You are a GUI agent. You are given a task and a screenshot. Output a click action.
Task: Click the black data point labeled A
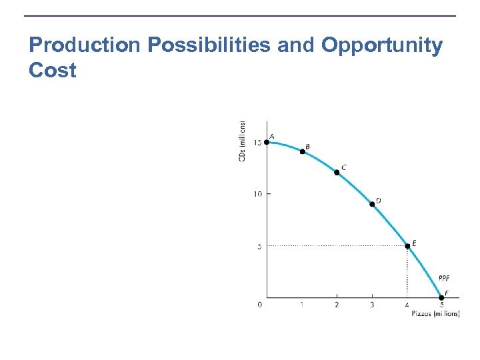coord(267,141)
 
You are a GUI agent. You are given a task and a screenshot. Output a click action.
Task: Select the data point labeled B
coord(302,151)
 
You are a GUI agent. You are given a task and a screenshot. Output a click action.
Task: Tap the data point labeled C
coord(337,172)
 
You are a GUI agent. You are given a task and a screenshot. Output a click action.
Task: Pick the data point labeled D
coord(372,204)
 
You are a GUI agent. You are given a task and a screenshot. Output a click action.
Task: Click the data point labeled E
coord(407,246)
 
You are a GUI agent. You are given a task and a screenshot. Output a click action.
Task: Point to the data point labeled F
coord(441,297)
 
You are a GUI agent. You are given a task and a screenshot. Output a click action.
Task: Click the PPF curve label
coord(445,278)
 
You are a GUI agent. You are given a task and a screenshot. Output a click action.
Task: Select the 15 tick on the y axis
coord(257,143)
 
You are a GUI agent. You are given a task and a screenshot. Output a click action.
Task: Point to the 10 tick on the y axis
coord(257,194)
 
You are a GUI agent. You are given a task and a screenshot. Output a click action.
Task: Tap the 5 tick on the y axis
coord(259,246)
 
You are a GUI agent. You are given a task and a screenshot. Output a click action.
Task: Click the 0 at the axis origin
coord(259,305)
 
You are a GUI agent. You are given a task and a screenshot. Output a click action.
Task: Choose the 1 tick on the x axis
coord(302,305)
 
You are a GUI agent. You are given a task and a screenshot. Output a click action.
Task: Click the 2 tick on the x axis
coord(337,305)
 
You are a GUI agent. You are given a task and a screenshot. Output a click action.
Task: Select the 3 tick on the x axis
coord(372,305)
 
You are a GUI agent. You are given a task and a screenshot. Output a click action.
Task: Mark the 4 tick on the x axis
coord(407,305)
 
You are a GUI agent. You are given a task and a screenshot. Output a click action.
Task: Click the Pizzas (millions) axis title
coord(435,313)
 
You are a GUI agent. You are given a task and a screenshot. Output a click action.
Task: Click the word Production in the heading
coord(85,45)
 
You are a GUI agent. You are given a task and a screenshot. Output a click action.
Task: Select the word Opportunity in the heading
coord(382,45)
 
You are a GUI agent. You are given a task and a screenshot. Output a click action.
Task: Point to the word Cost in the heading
coord(53,69)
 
